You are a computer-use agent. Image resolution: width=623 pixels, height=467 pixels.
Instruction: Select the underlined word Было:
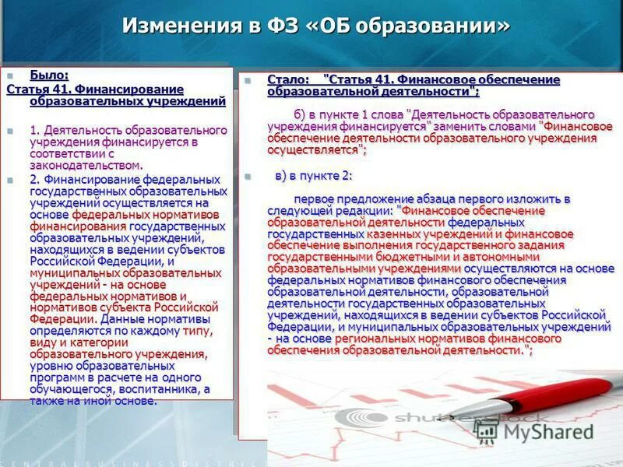pos(49,75)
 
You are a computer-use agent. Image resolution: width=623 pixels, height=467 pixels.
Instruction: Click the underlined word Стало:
pos(287,80)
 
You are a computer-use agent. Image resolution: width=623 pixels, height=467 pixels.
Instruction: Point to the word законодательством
pos(86,165)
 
